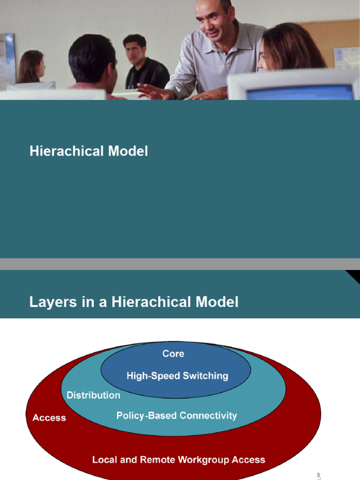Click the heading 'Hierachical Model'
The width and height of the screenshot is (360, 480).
pyautogui.click(x=89, y=151)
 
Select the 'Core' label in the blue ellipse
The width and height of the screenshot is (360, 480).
pyautogui.click(x=173, y=354)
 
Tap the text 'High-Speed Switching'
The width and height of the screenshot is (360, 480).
pyautogui.click(x=177, y=376)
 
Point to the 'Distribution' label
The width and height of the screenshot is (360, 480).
pyautogui.click(x=93, y=395)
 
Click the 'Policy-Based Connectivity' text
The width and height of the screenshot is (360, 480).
pyautogui.click(x=176, y=416)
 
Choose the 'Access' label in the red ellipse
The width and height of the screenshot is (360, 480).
pyautogui.click(x=49, y=418)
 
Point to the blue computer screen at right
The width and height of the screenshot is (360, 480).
pyautogui.click(x=300, y=92)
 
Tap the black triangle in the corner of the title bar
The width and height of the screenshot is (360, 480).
pyautogui.click(x=353, y=276)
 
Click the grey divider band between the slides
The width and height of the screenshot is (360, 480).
pyautogui.click(x=180, y=264)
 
